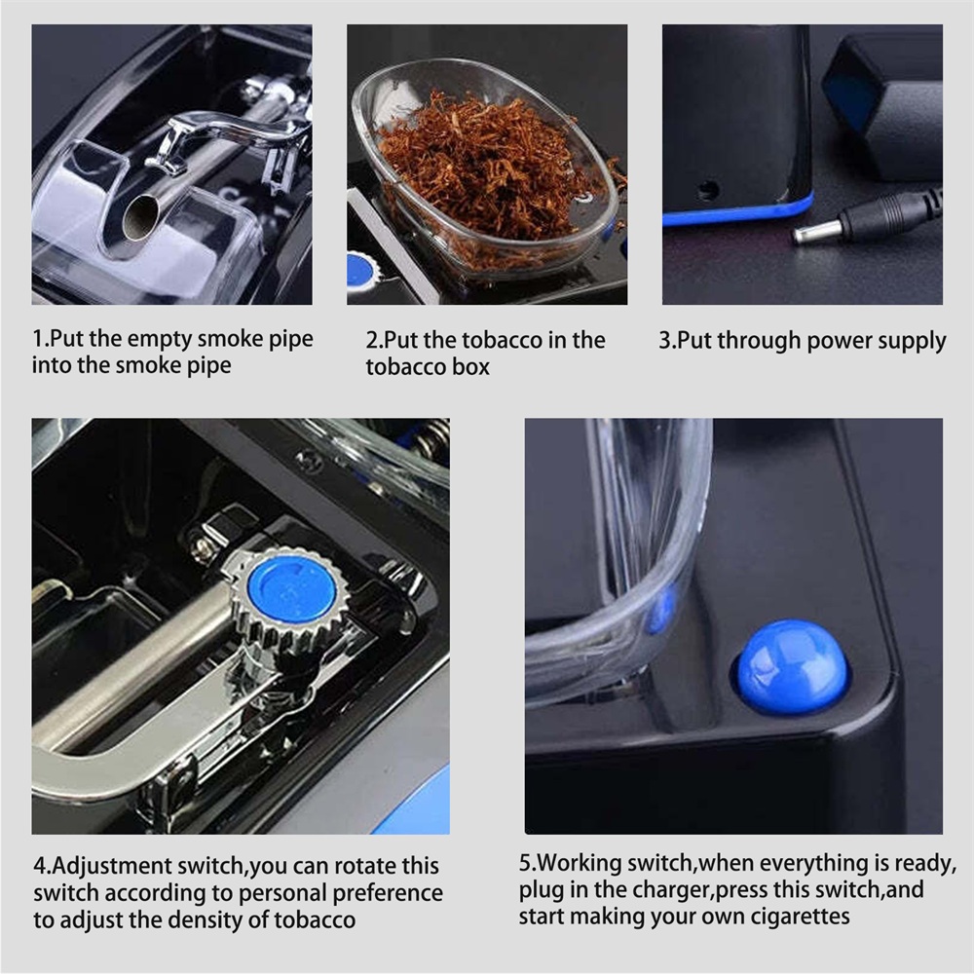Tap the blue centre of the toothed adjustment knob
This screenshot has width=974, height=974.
pos(291,594)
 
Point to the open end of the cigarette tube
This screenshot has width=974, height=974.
pos(140,217)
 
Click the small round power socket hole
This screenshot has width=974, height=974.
pos(707,189)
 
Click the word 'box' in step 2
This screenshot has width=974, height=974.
pos(471,367)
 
